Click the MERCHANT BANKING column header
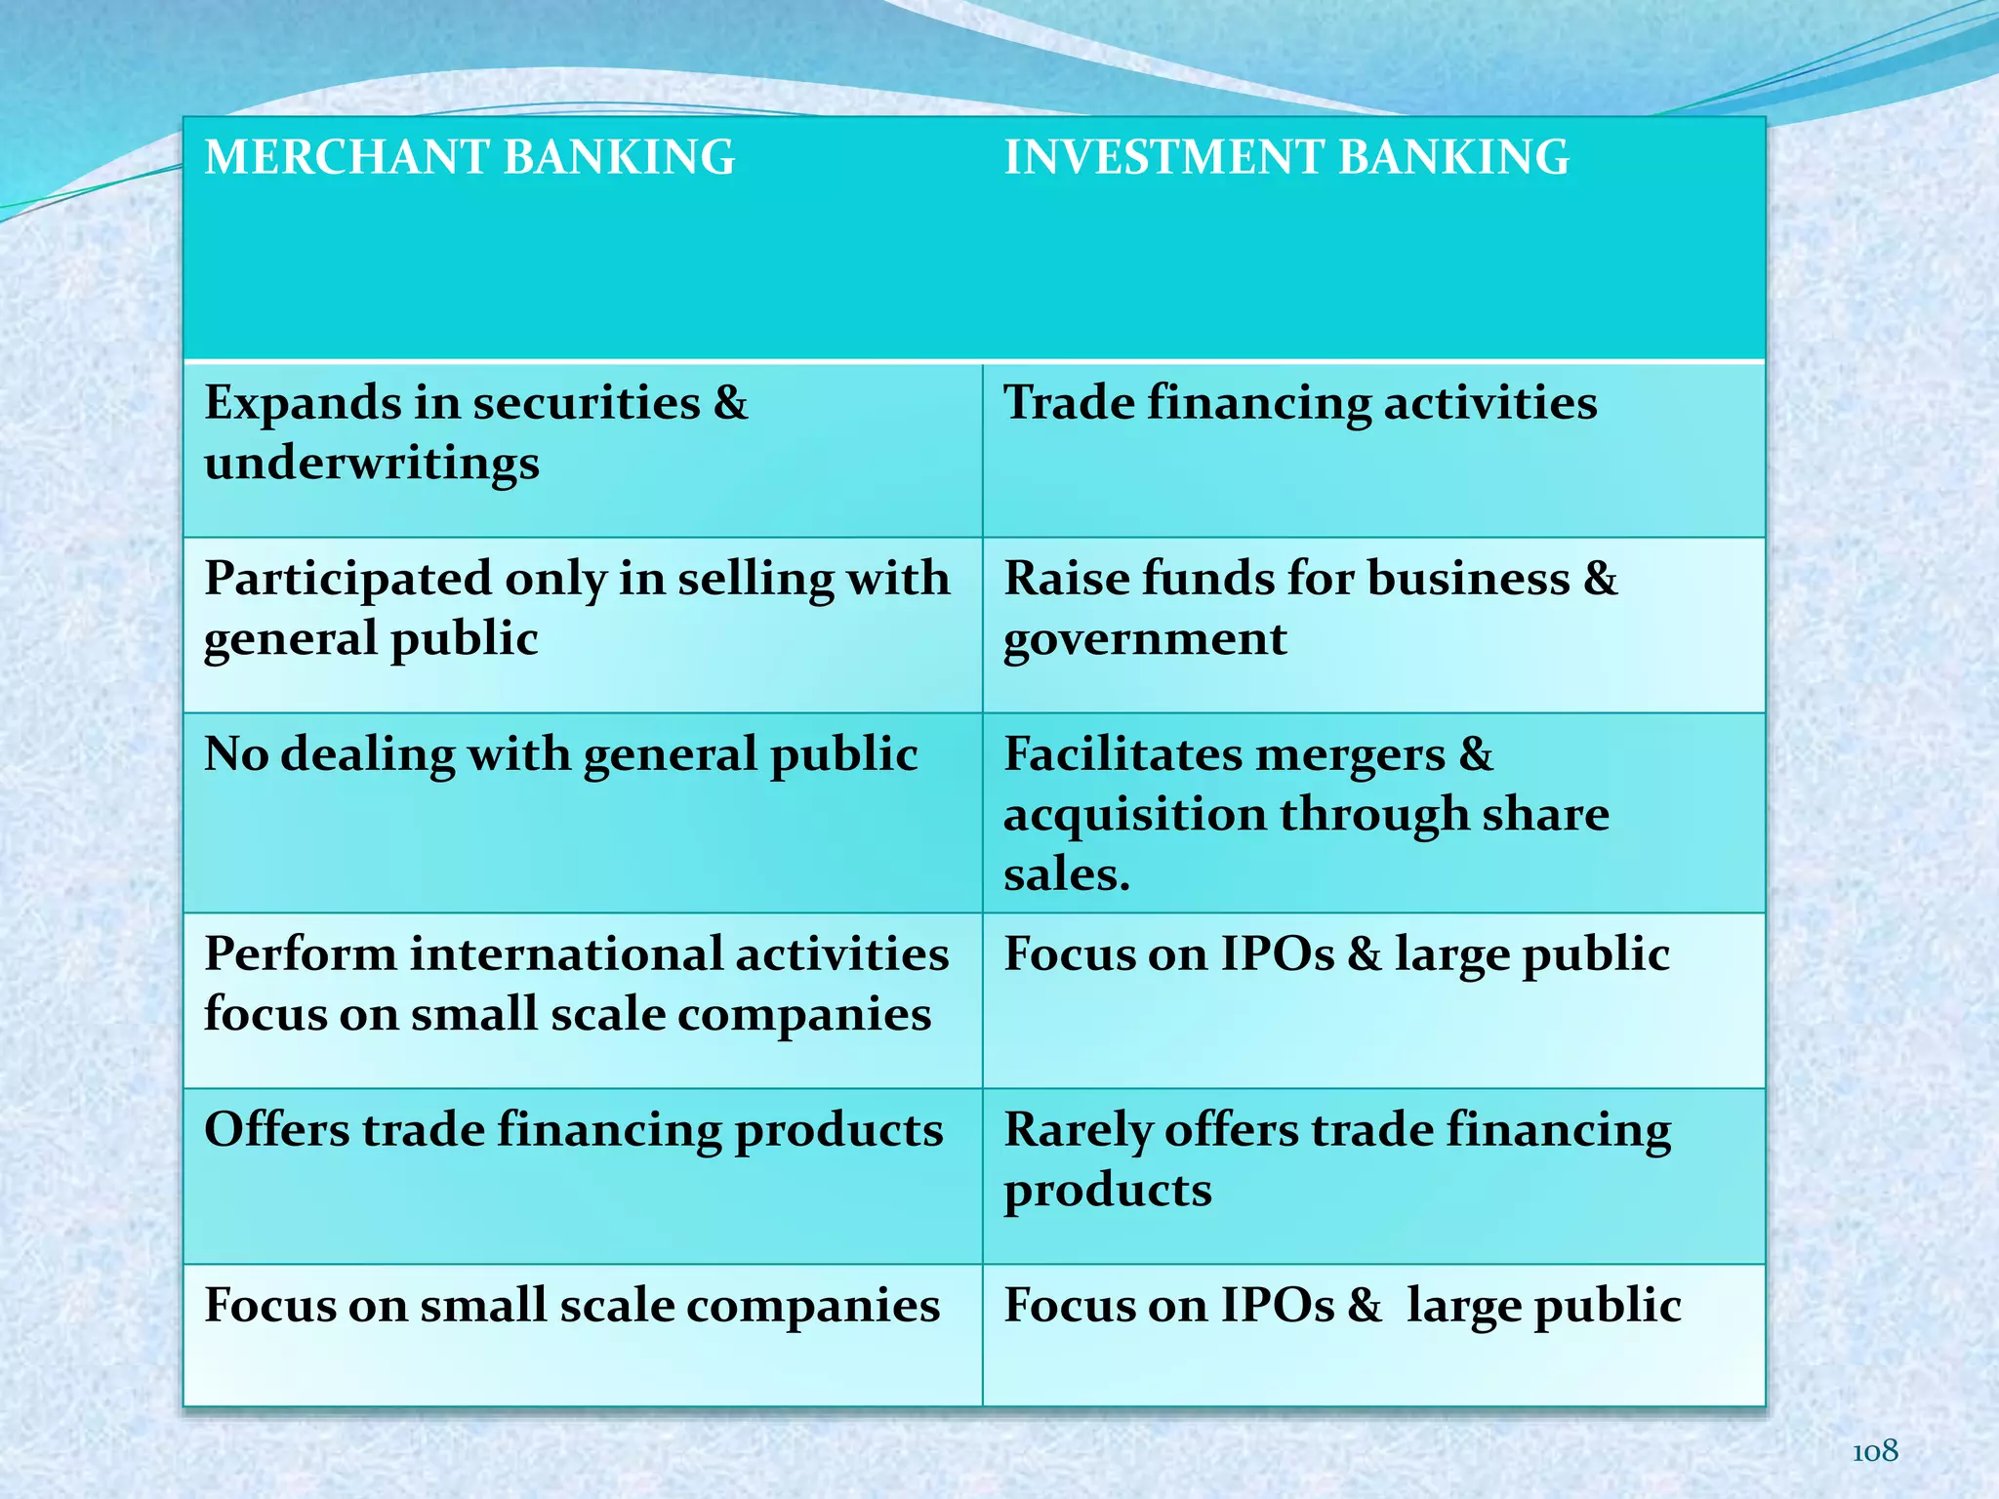click(x=469, y=158)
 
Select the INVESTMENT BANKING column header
click(x=1286, y=158)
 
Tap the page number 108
click(x=1874, y=1452)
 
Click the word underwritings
click(x=371, y=464)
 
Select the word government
click(x=1145, y=640)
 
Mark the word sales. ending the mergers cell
click(x=1066, y=874)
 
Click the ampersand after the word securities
click(x=730, y=403)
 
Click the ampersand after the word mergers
click(x=1477, y=754)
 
